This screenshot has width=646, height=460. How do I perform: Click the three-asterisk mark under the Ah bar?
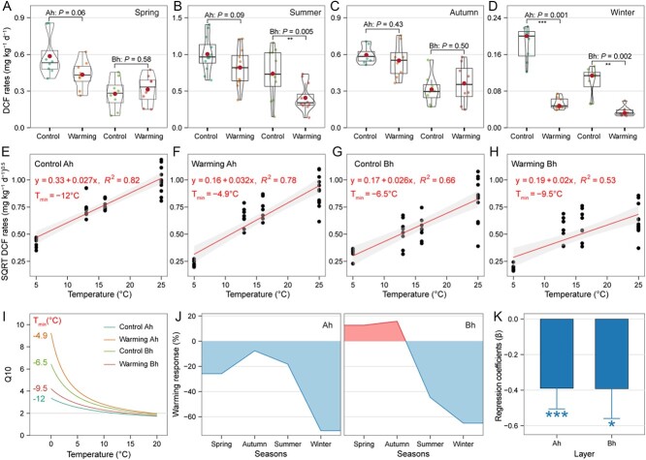coord(501,414)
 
